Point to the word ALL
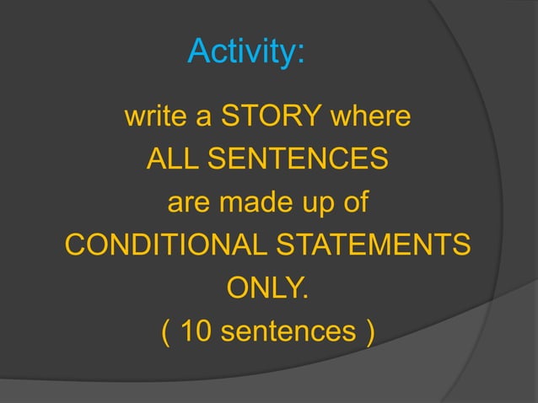coord(174,159)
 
